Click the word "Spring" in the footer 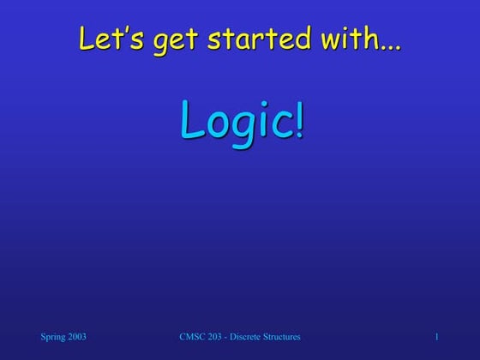(x=53, y=338)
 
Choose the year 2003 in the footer (x=76, y=338)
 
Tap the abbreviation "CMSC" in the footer (x=190, y=338)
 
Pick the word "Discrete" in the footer (x=249, y=338)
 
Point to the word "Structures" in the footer (x=284, y=338)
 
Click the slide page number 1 (x=436, y=338)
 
